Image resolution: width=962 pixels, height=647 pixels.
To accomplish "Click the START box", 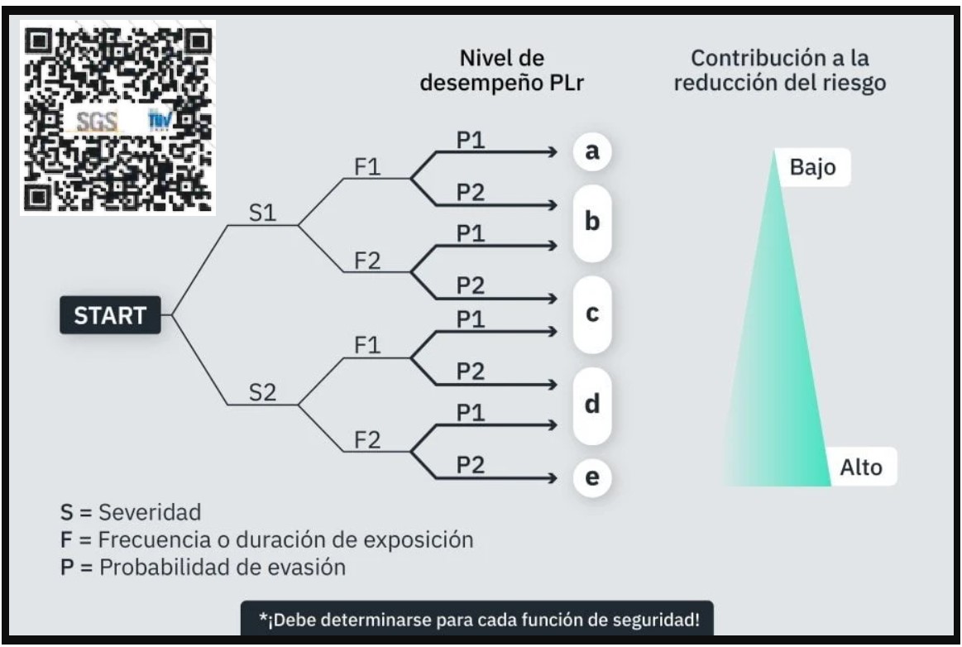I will tap(110, 315).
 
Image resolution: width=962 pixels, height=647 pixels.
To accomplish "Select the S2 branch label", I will tap(262, 393).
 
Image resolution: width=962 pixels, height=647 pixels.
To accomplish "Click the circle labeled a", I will tap(591, 152).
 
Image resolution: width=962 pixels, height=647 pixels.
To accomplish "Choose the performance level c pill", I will tap(591, 315).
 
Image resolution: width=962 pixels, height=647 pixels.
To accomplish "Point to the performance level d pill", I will tap(591, 406).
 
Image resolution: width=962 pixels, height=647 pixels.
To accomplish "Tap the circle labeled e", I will tap(591, 477).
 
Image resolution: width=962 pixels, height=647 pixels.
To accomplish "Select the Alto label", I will tap(861, 468).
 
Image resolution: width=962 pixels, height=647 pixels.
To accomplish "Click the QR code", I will tap(117, 117).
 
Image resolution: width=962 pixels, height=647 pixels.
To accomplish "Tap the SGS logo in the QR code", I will tap(96, 122).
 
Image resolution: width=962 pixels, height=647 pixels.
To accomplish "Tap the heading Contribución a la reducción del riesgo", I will tap(780, 73).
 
